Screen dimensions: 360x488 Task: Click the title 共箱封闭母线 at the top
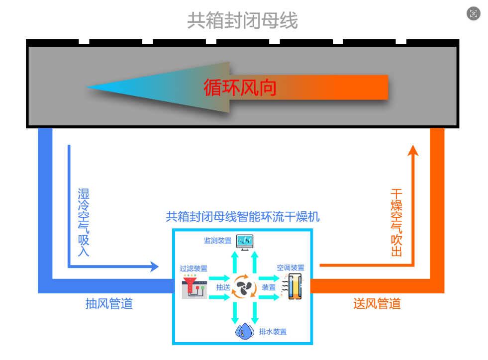pyautogui.click(x=242, y=21)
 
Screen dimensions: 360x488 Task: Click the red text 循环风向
pyautogui.click(x=240, y=88)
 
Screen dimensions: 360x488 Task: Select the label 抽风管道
pyautogui.click(x=109, y=303)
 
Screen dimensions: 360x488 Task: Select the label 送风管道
pyautogui.click(x=377, y=303)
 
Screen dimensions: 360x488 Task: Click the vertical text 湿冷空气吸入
pyautogui.click(x=83, y=222)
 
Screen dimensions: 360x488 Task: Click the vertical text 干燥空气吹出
pyautogui.click(x=396, y=222)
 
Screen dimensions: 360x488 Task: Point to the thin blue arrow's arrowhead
pyautogui.click(x=155, y=267)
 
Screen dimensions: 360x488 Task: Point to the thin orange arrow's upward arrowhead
pyautogui.click(x=413, y=150)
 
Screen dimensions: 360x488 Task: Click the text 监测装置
pyautogui.click(x=217, y=241)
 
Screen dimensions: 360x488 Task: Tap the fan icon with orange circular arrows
pyautogui.click(x=244, y=287)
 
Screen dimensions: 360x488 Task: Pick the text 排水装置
pyautogui.click(x=273, y=332)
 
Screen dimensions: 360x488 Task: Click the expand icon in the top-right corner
pyautogui.click(x=473, y=13)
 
